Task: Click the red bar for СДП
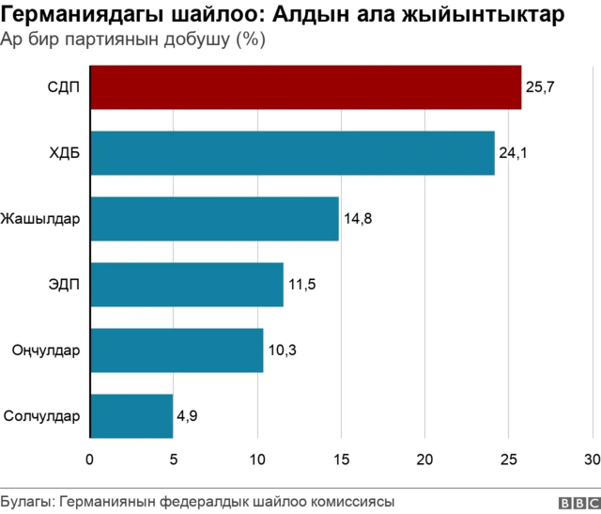(305, 87)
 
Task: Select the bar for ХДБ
(292, 153)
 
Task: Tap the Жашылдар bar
(214, 219)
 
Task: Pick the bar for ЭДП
(186, 285)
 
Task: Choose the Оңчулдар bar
(177, 350)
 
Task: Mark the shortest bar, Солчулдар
(131, 415)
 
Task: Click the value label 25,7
(541, 87)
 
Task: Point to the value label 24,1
(514, 153)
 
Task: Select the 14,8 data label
(358, 219)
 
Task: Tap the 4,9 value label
(186, 415)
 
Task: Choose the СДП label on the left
(64, 87)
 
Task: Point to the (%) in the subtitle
(250, 40)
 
